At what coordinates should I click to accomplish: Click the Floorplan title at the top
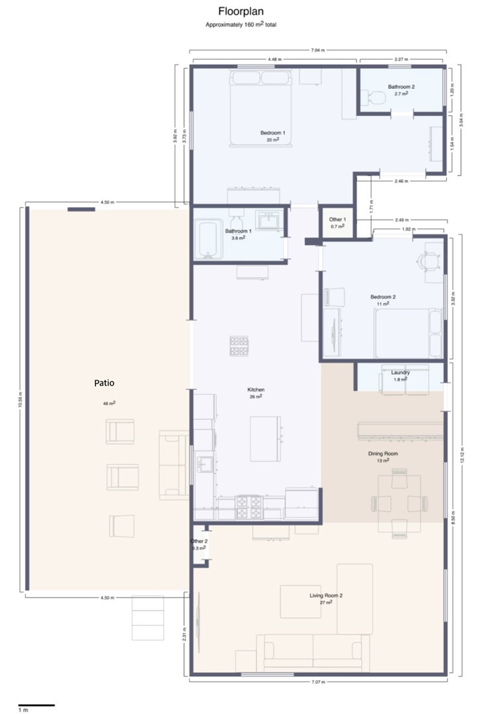(x=241, y=12)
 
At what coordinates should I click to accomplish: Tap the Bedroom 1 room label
(x=272, y=133)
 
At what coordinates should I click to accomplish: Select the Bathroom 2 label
(x=402, y=87)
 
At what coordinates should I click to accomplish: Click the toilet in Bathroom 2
(x=376, y=98)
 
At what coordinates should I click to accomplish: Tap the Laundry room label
(x=400, y=372)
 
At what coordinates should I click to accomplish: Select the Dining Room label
(x=382, y=454)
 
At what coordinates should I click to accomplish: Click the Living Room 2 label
(x=325, y=595)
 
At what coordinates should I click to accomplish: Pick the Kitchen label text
(x=256, y=389)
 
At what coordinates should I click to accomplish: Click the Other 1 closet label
(x=337, y=219)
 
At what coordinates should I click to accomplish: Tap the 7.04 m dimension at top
(x=317, y=50)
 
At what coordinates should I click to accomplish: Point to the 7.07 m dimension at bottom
(x=317, y=681)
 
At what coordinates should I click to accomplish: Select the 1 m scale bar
(x=36, y=705)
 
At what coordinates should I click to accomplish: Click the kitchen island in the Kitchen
(x=265, y=438)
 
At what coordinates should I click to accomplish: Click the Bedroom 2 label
(x=382, y=297)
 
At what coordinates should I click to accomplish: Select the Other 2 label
(x=199, y=542)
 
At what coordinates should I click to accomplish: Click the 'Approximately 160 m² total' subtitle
(x=241, y=25)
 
